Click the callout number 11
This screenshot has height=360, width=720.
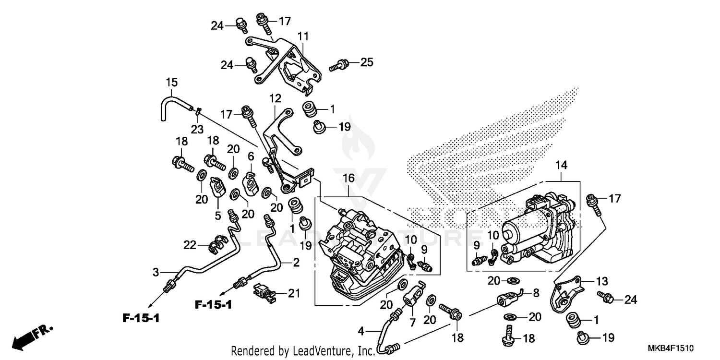303,36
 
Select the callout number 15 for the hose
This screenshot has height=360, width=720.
172,82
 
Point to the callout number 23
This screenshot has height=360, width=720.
197,129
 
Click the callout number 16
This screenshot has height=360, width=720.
348,178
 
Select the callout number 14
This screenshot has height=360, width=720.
561,166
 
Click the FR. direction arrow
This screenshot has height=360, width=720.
33,336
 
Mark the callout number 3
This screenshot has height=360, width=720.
156,272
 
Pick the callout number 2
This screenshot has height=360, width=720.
296,263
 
